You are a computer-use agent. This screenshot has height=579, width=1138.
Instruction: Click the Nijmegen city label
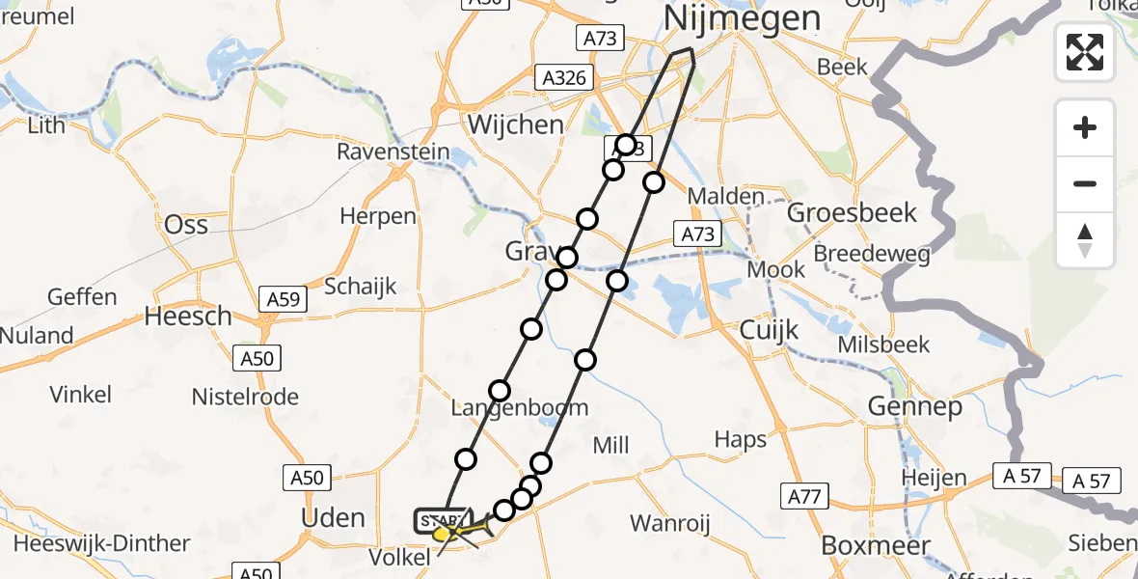(x=743, y=17)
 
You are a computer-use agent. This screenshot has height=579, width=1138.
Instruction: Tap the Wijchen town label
(x=515, y=124)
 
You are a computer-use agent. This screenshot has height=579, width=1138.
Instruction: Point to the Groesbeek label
(x=853, y=212)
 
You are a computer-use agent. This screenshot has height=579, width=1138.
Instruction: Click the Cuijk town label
(x=769, y=330)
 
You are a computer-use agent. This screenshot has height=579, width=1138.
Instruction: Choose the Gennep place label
(x=914, y=407)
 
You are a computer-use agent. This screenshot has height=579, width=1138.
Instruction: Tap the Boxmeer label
(x=876, y=545)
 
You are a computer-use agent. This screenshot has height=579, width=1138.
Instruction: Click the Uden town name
(x=334, y=517)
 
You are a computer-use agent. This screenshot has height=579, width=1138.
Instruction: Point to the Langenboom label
(x=520, y=408)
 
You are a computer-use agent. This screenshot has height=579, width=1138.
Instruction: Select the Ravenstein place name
(x=393, y=152)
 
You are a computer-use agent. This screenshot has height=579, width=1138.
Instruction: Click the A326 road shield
(x=563, y=78)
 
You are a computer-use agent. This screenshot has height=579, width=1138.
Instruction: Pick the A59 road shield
(x=284, y=300)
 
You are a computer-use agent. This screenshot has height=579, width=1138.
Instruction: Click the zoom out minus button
(x=1085, y=184)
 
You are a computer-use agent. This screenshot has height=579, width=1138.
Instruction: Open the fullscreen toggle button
(x=1085, y=52)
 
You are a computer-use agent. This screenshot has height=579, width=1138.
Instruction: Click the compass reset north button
(x=1085, y=240)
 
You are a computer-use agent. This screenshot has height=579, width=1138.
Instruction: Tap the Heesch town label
(x=188, y=316)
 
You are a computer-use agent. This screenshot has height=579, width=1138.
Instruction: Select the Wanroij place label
(x=669, y=524)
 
